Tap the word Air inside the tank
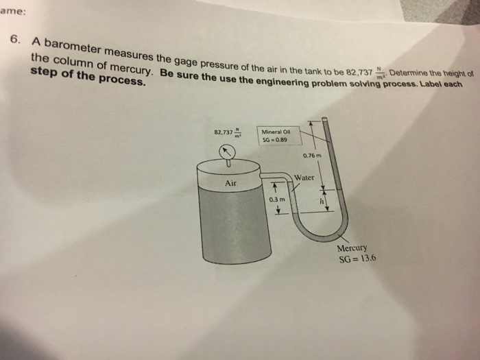pos(230,183)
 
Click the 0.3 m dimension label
pos(277,199)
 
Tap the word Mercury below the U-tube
pos(352,249)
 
